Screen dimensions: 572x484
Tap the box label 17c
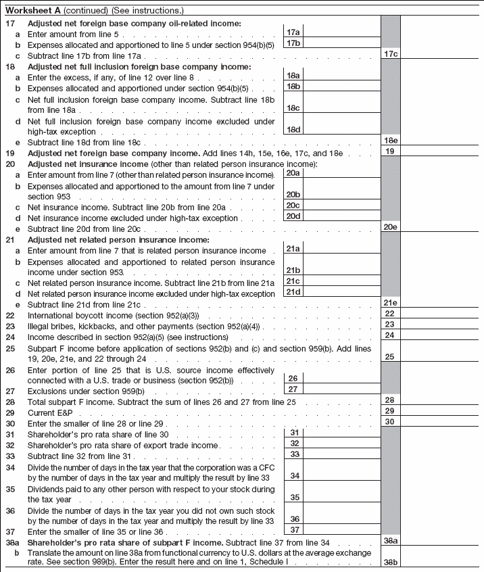(x=390, y=53)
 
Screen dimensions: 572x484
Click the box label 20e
(x=390, y=227)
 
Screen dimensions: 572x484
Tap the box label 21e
(x=390, y=304)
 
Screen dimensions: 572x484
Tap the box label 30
(x=390, y=421)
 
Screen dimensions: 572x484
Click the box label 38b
(x=390, y=561)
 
